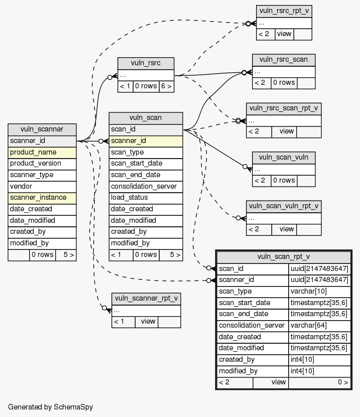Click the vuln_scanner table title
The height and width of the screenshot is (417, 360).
coord(42,129)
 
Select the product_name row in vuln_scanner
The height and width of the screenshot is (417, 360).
coord(42,152)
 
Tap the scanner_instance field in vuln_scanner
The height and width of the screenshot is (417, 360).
coord(42,198)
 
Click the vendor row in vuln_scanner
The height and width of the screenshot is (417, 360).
coord(42,186)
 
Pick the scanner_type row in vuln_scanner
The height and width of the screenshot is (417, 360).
coord(42,175)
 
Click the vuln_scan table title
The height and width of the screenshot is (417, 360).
coord(146,118)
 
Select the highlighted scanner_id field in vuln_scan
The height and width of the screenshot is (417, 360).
coord(146,141)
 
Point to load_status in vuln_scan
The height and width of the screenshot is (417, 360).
coord(146,198)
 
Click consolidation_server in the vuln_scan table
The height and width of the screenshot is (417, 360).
coord(146,186)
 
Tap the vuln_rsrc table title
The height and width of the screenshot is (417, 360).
coord(146,63)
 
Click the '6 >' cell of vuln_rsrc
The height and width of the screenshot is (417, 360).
coord(166,86)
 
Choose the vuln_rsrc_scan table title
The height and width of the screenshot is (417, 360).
coord(284,59)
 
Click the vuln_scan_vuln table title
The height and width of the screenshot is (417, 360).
coord(284,157)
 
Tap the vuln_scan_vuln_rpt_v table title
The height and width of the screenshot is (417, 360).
coord(284,206)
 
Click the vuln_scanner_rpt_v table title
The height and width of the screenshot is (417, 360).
coord(146,299)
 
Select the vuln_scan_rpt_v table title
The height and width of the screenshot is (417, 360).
coord(284,257)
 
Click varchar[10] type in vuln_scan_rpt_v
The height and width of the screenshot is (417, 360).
coord(319,292)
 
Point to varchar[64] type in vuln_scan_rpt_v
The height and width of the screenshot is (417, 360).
coord(319,326)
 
